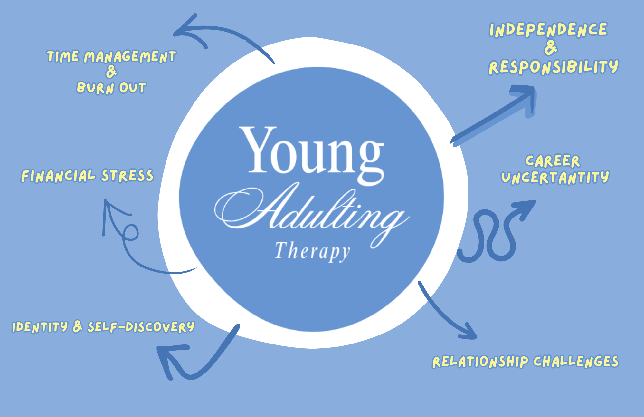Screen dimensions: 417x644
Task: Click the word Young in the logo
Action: click(x=312, y=151)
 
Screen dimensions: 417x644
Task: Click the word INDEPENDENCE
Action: click(x=548, y=30)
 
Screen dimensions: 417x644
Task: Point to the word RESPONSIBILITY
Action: click(x=553, y=67)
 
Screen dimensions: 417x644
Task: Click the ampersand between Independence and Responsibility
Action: click(x=551, y=48)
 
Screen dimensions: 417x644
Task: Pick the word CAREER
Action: click(x=553, y=161)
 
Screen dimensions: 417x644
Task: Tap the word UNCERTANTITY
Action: click(x=555, y=178)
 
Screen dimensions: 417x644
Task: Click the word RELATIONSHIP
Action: click(x=480, y=362)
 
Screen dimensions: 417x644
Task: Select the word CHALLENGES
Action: click(x=576, y=361)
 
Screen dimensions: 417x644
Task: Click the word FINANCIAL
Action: click(x=58, y=176)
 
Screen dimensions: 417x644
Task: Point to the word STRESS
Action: click(x=128, y=176)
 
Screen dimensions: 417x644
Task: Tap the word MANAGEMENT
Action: click(x=130, y=57)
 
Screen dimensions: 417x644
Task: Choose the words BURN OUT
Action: click(x=111, y=88)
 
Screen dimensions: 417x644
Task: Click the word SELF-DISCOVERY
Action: click(x=141, y=327)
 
